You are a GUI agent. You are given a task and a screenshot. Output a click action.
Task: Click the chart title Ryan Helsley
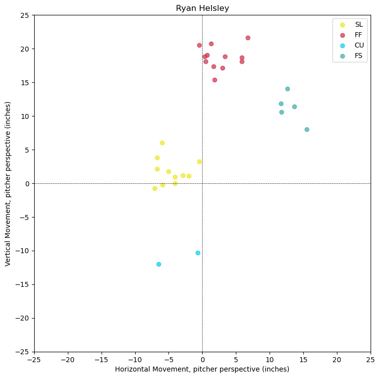pyautogui.click(x=202, y=8)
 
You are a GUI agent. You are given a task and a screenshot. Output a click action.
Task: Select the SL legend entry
pyautogui.click(x=358, y=24)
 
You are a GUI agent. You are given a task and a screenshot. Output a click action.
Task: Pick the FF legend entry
pyautogui.click(x=358, y=35)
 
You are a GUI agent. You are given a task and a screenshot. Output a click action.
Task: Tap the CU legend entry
pyautogui.click(x=358, y=45)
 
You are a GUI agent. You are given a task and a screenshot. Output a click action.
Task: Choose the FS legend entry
pyautogui.click(x=358, y=55)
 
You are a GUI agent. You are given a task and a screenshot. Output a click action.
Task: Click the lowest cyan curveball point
pyautogui.click(x=159, y=264)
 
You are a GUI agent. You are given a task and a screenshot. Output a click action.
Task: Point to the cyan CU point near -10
pyautogui.click(x=198, y=253)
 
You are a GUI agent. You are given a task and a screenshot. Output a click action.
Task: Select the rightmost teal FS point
pyautogui.click(x=307, y=129)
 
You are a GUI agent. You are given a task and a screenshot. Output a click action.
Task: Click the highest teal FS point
pyautogui.click(x=287, y=89)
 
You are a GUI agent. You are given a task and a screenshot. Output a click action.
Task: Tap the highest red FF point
pyautogui.click(x=248, y=38)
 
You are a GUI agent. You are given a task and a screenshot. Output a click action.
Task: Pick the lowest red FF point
pyautogui.click(x=215, y=80)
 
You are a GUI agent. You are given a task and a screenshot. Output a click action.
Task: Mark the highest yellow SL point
pyautogui.click(x=162, y=143)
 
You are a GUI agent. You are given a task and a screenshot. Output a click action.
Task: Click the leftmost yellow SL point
pyautogui.click(x=155, y=188)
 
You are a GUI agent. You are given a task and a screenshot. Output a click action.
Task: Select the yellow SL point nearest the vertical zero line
pyautogui.click(x=199, y=162)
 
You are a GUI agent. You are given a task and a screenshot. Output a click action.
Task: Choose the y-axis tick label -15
pyautogui.click(x=22, y=284)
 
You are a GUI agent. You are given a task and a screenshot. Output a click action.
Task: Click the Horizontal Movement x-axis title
pyautogui.click(x=202, y=369)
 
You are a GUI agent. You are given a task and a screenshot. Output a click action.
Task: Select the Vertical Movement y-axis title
pyautogui.click(x=8, y=183)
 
